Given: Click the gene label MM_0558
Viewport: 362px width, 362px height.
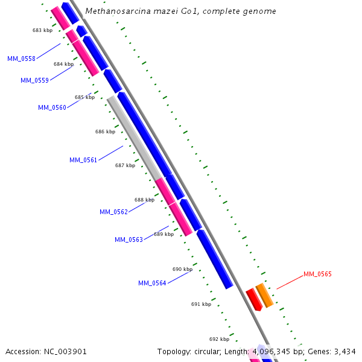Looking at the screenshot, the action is point(21,59).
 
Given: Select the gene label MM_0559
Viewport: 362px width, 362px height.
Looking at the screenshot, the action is point(34,80).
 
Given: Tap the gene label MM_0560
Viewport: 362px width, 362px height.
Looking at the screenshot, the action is point(52,107).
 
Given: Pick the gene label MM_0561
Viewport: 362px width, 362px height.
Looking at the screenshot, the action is point(83,160).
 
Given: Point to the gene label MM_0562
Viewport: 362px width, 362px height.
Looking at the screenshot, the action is point(113,212).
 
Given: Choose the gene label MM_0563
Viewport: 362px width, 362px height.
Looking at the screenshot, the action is point(129,240).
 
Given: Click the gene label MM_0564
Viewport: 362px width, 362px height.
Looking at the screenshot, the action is point(152,283).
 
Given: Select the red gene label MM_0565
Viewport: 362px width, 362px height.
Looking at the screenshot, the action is point(317,274).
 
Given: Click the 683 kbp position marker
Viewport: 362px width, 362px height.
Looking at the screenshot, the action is point(42,30).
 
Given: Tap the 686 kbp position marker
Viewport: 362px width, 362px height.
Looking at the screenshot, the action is point(105,132).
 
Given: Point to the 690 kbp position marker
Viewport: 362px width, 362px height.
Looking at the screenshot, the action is point(182,269).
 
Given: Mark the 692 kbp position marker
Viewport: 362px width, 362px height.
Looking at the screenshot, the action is point(219,339).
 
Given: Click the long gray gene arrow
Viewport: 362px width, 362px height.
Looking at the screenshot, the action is point(134,138).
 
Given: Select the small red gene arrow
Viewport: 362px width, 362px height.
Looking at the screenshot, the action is point(253,299).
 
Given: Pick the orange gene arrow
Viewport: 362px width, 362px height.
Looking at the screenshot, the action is point(264,294).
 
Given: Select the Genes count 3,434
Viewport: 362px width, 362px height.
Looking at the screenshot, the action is point(345,351).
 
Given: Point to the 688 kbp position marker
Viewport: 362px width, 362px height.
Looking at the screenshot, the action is point(144,200).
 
